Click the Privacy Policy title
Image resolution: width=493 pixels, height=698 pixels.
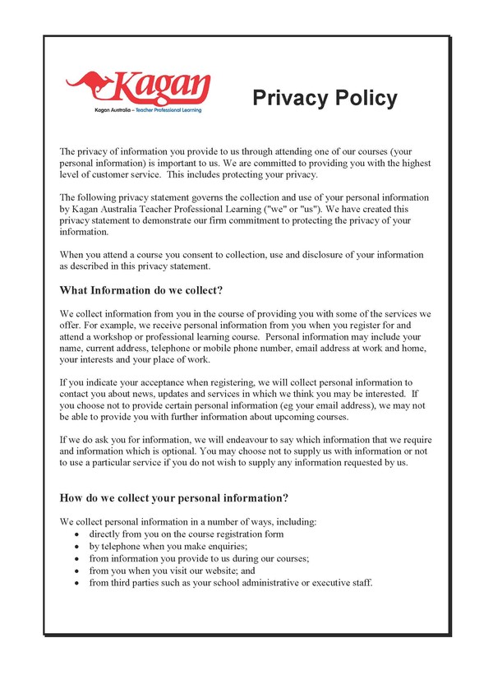(325, 99)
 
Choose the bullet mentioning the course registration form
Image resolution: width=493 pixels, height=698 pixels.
(186, 534)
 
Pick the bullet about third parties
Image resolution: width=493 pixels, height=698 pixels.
(231, 582)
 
